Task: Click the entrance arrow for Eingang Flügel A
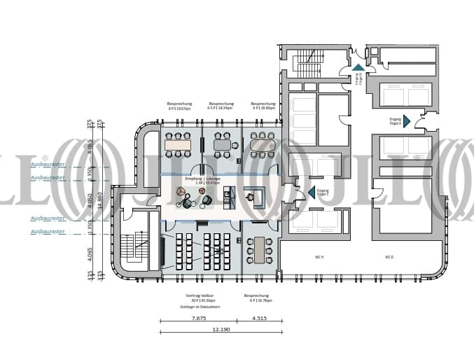click(407, 121)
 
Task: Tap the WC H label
click(319, 257)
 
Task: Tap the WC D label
click(389, 257)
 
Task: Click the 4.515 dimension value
click(259, 318)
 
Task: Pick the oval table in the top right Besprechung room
click(263, 145)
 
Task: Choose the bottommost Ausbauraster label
click(48, 230)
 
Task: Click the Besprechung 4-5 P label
click(221, 106)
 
